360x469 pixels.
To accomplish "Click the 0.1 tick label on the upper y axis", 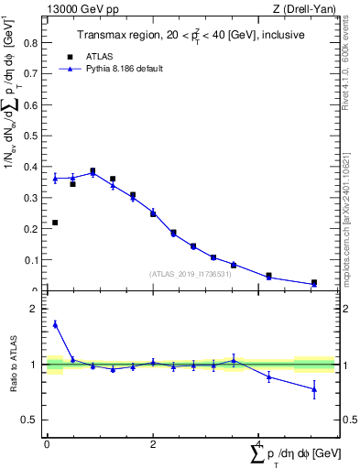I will (30, 260).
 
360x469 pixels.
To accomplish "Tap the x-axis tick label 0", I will (47, 444).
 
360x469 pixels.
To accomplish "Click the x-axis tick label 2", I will (153, 444).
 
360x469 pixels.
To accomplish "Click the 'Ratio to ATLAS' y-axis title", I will (14, 365).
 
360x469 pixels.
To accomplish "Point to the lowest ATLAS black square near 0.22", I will (55, 223).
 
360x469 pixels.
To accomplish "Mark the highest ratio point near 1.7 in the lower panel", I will (55, 323).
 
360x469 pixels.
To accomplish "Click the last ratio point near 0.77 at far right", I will (314, 389).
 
